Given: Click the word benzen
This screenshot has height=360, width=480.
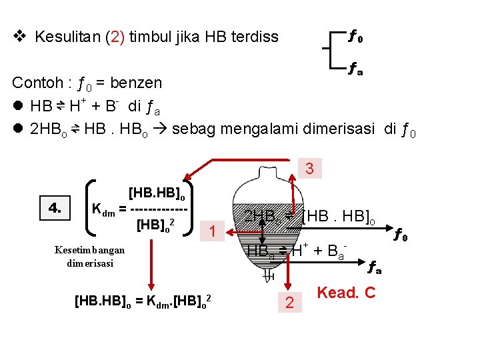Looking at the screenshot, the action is click(x=136, y=83).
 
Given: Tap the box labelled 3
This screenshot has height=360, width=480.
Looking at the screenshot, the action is click(x=309, y=169).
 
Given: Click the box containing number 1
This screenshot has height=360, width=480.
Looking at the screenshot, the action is click(x=211, y=231).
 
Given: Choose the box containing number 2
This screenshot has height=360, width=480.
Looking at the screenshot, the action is click(x=289, y=303).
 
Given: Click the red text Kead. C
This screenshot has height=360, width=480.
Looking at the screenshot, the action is click(x=346, y=293).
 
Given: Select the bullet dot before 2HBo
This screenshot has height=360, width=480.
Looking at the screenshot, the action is click(x=19, y=128).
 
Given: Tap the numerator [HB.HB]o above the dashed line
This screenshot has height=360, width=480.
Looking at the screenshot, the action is click(x=161, y=194).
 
